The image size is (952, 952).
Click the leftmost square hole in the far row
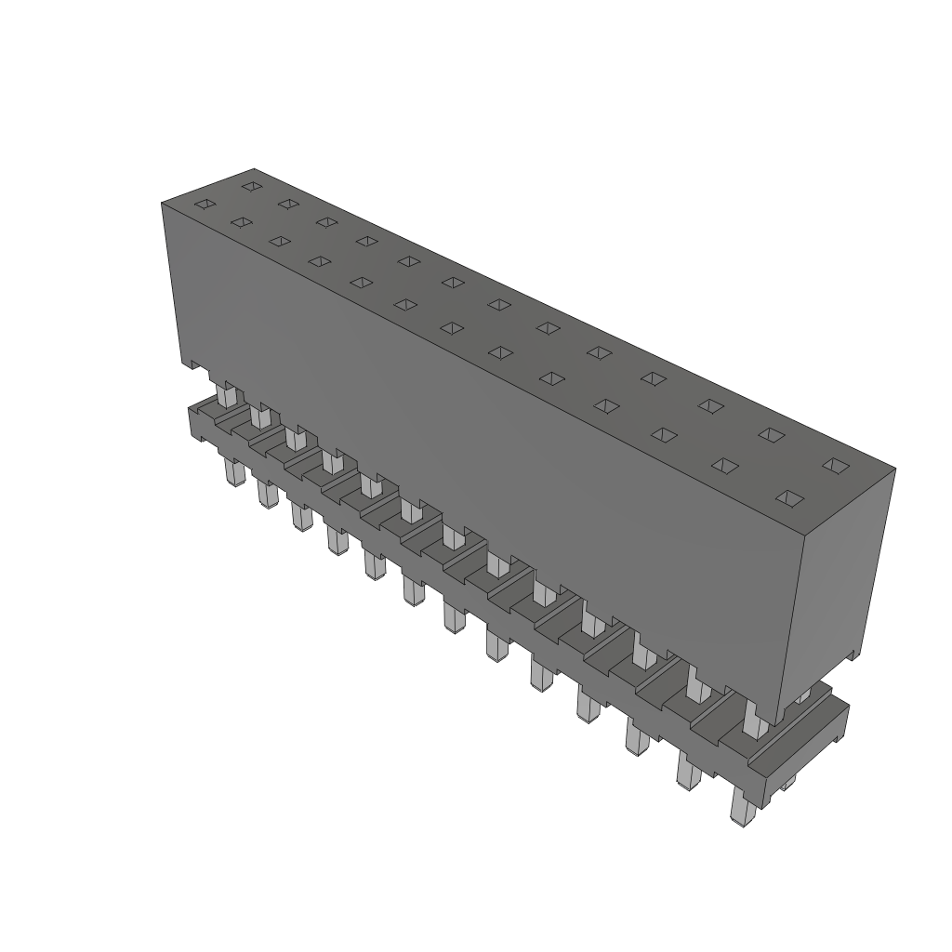click(x=250, y=186)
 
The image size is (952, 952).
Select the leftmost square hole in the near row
click(x=204, y=205)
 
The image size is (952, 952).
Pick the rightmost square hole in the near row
click(x=789, y=498)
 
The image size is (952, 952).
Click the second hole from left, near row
click(x=241, y=222)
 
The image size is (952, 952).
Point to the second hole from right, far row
click(x=771, y=434)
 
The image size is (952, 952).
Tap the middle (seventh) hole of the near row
click(x=453, y=327)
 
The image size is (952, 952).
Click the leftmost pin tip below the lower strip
click(x=231, y=476)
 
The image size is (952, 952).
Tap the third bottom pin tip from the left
click(x=299, y=518)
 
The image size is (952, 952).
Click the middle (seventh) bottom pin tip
click(x=454, y=619)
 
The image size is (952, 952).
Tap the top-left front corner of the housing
click(x=163, y=202)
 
